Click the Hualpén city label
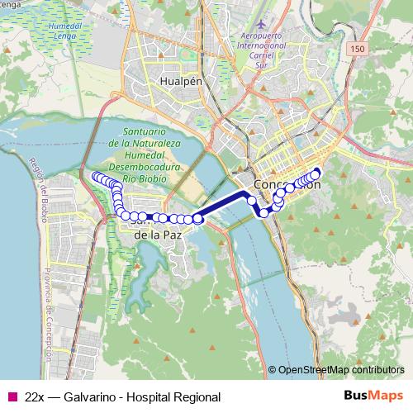[179, 83]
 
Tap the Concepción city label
[287, 184]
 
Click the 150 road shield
[356, 51]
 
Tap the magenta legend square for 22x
[12, 397]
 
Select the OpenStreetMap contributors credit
[339, 370]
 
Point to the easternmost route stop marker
[315, 174]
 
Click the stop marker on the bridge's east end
[251, 201]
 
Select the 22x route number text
[35, 397]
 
